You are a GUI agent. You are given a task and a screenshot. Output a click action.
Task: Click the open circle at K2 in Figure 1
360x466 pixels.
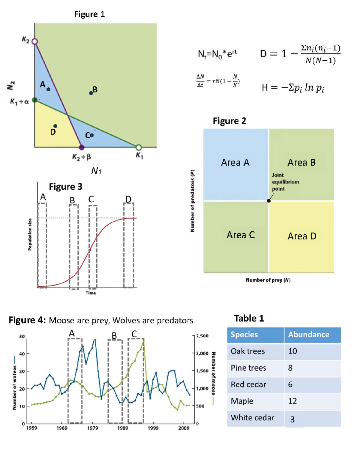pos(35,41)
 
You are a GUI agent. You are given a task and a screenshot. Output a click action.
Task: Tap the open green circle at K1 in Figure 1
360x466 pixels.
pos(139,147)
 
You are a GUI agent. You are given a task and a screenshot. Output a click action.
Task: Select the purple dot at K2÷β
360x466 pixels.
pos(82,147)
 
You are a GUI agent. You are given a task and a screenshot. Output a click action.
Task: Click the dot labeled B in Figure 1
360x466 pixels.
pos(91,93)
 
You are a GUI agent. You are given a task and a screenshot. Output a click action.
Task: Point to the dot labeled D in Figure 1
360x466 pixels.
pos(55,126)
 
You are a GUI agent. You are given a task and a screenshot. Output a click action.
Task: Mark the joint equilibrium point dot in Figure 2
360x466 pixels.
pos(269,201)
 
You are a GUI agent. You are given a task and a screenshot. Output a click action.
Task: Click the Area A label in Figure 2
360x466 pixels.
pos(235,163)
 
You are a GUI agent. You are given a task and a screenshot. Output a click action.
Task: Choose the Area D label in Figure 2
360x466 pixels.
pos(302,236)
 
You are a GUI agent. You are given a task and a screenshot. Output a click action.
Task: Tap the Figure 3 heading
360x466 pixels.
pos(65,187)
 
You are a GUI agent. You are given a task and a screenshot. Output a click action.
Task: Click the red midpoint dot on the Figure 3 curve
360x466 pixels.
pos(90,250)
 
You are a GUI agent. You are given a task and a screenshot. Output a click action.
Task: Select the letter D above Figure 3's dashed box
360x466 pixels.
pos(128,199)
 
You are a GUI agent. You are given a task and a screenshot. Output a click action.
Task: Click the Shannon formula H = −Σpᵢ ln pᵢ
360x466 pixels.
pos(293,88)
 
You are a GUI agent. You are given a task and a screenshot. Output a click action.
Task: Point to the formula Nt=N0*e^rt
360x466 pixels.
pos(217,54)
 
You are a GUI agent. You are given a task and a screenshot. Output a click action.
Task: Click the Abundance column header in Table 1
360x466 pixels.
pos(309,335)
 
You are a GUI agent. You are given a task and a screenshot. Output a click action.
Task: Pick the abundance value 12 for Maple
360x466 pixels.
pos(292,401)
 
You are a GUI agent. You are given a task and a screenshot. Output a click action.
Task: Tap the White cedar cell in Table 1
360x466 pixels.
pos(252,418)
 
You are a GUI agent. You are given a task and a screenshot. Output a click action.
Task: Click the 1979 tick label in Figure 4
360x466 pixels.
pos(92,428)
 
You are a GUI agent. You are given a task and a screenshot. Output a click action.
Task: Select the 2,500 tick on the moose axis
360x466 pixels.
pos(202,336)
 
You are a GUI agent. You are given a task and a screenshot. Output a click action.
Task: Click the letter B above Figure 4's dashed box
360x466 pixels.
pos(114,335)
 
